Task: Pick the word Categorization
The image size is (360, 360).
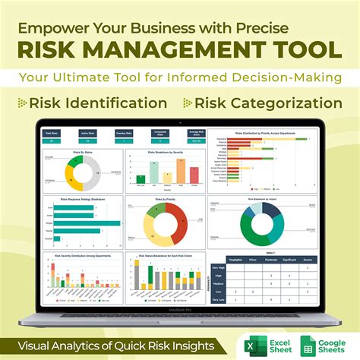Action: (285, 103)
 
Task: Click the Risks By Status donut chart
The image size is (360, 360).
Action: (82, 171)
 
